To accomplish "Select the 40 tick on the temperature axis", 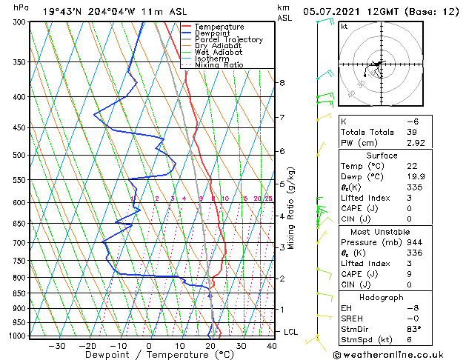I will coord(272,345).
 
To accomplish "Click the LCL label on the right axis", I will coord(290,332).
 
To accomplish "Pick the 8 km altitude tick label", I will coord(282,83).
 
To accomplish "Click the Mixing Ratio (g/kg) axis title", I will coord(291,208).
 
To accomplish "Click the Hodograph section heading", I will coord(382,297).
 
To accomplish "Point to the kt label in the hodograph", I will coord(344,27).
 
